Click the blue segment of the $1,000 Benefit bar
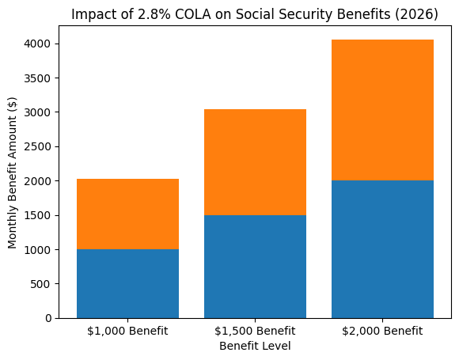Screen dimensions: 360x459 click(127, 283)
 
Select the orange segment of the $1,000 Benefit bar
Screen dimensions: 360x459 click(127, 214)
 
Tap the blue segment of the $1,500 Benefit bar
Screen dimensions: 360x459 click(255, 266)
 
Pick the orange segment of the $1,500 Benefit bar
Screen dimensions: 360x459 click(255, 162)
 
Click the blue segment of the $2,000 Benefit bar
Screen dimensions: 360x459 click(382, 248)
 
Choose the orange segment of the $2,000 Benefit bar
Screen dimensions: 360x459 click(382, 110)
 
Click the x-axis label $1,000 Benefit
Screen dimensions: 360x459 click(127, 331)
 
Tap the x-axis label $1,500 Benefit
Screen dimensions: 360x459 click(255, 331)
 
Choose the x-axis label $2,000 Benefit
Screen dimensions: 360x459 click(382, 331)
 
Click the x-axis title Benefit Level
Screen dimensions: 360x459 click(255, 346)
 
